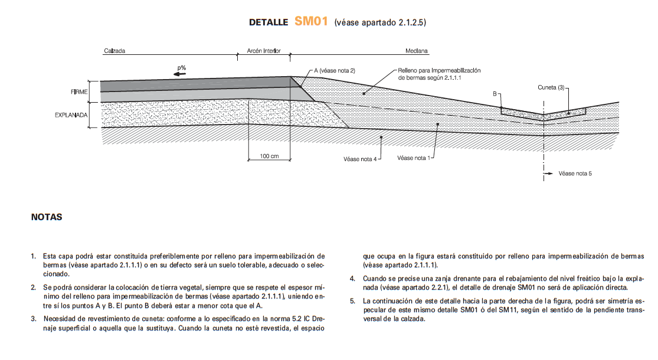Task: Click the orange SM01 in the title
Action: [x=310, y=22]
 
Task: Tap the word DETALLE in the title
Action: [x=269, y=22]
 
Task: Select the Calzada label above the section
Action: [x=114, y=51]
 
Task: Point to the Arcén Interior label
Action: [x=264, y=51]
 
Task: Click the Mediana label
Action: [x=417, y=51]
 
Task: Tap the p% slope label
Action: [x=182, y=68]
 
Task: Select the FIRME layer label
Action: [x=79, y=92]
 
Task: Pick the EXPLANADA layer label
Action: [x=71, y=115]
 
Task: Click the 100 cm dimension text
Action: [x=269, y=156]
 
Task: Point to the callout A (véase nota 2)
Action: [x=335, y=70]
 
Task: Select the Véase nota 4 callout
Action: [x=360, y=159]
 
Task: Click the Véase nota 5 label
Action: [x=575, y=174]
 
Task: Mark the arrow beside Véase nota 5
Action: [x=549, y=174]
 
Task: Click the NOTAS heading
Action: [x=47, y=217]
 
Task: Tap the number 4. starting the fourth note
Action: [x=352, y=278]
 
